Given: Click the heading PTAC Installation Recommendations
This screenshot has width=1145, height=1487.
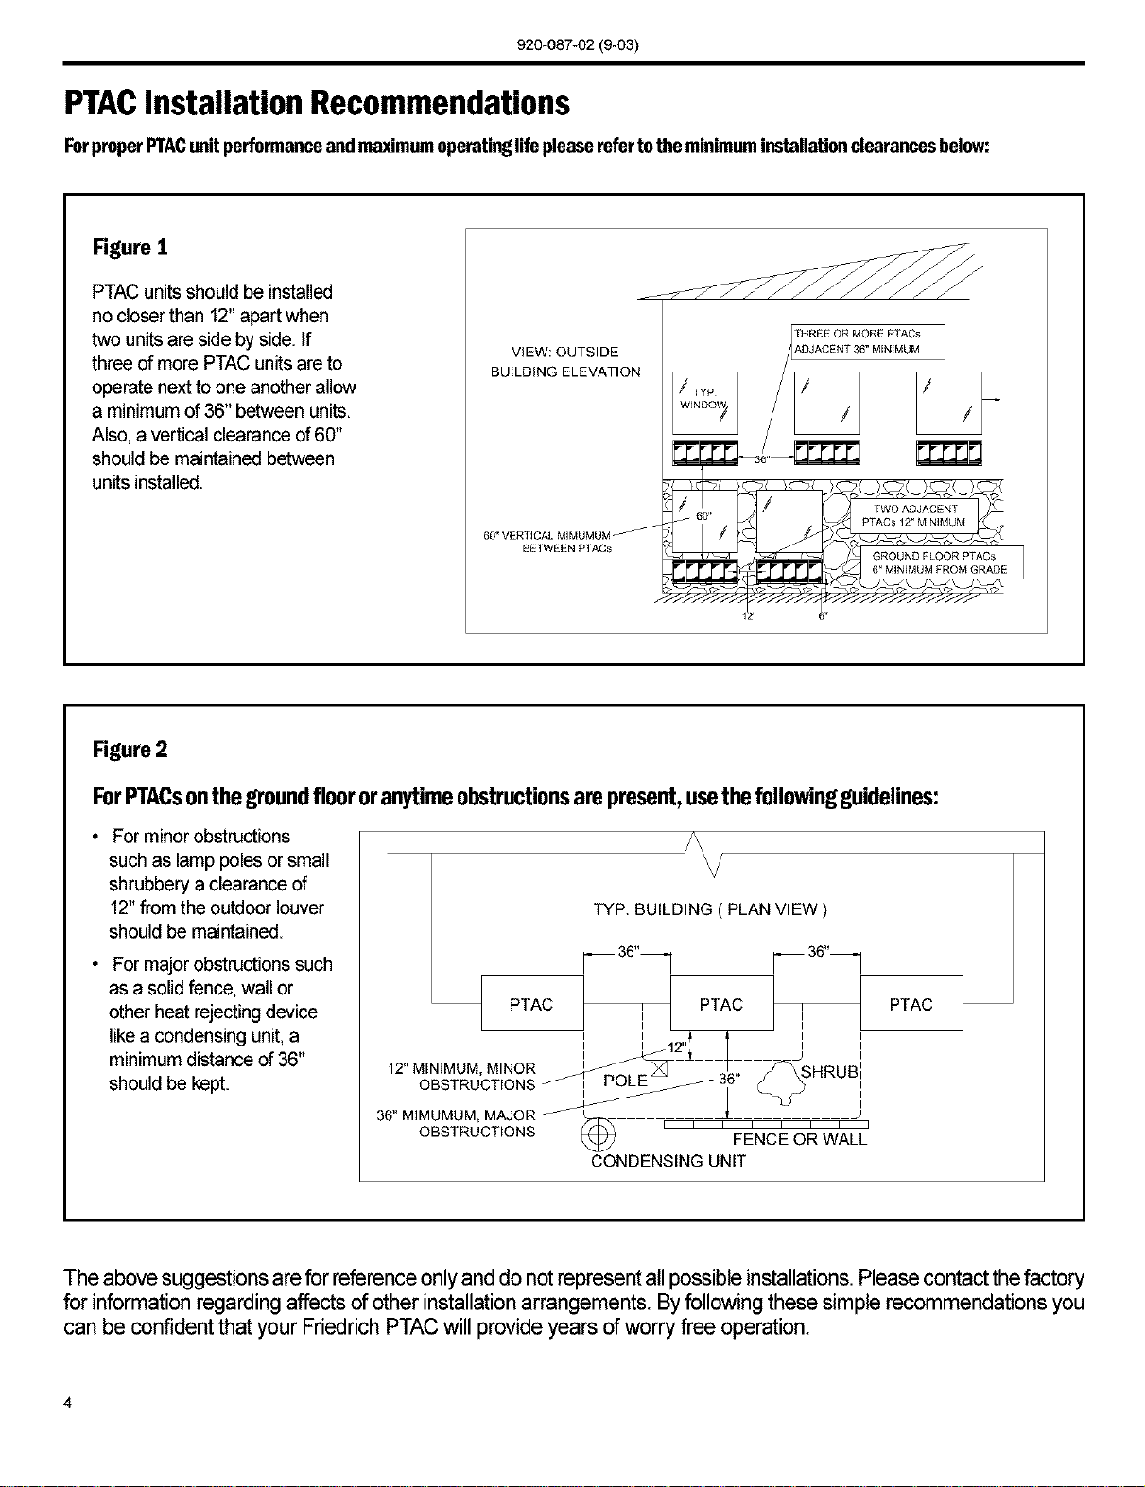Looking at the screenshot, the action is tap(317, 103).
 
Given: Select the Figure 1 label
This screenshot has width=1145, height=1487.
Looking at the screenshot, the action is tap(130, 247).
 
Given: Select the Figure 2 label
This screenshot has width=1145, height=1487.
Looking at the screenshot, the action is tap(130, 750).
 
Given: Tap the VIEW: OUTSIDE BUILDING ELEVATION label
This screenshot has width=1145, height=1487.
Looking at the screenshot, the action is tap(565, 362).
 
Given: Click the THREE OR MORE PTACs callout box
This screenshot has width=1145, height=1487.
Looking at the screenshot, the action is tap(867, 341).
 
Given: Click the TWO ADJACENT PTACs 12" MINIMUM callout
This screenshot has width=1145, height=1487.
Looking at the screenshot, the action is tap(913, 515).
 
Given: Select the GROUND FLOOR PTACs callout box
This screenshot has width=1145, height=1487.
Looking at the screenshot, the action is tap(941, 562).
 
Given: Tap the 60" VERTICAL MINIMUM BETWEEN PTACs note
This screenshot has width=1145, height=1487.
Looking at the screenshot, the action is tap(547, 542).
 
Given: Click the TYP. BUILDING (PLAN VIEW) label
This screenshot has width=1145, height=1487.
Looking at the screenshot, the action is tap(710, 909).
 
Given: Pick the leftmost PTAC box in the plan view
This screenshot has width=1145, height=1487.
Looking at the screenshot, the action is tap(532, 1002).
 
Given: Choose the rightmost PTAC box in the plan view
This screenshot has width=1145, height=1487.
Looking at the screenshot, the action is tap(911, 1002).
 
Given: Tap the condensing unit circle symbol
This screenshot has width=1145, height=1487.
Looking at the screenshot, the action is tap(599, 1136).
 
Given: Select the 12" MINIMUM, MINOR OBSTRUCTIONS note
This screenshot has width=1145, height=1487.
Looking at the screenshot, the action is tap(462, 1077).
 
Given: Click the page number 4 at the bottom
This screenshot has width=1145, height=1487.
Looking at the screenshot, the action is tap(67, 1403).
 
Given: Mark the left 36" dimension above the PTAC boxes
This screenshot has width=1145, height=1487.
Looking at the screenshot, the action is tap(628, 952).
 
